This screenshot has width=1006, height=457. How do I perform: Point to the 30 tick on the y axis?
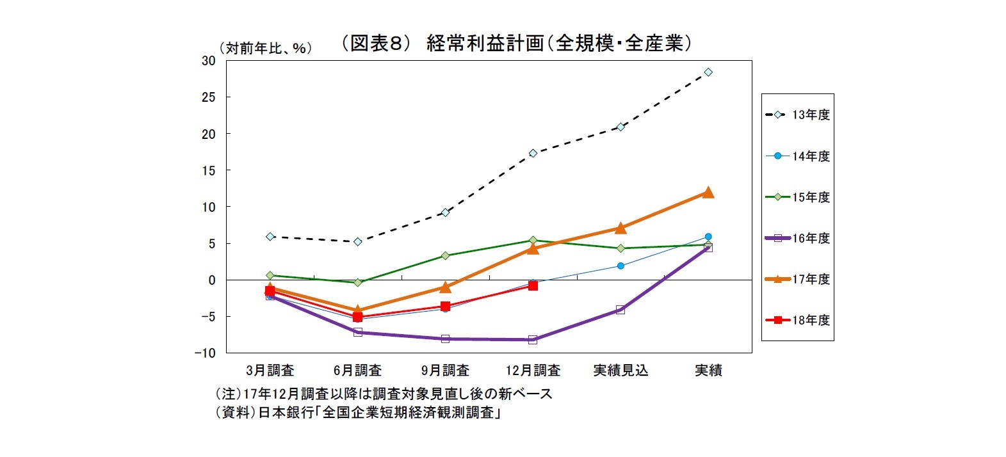coord(209,61)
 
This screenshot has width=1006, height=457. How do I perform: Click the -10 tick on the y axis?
coord(206,353)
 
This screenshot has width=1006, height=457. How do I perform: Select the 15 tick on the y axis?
coord(209,170)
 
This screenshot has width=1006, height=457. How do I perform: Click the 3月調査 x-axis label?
coord(270,371)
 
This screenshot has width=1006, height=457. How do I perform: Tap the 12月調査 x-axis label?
coord(533,371)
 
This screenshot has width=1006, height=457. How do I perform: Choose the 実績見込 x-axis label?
coord(621,371)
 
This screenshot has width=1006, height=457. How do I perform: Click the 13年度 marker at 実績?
coord(708,72)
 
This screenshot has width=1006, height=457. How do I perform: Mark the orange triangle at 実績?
coord(708,192)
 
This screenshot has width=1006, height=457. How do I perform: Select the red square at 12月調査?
coord(533,285)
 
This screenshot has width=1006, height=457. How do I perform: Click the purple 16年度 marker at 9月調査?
coord(445,339)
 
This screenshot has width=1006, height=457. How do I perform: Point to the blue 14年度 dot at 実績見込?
coord(621,266)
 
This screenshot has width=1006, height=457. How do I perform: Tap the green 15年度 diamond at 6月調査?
coord(357,282)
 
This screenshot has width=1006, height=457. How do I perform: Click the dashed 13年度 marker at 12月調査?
coord(533,153)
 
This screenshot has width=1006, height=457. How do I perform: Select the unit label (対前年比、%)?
coord(265,49)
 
